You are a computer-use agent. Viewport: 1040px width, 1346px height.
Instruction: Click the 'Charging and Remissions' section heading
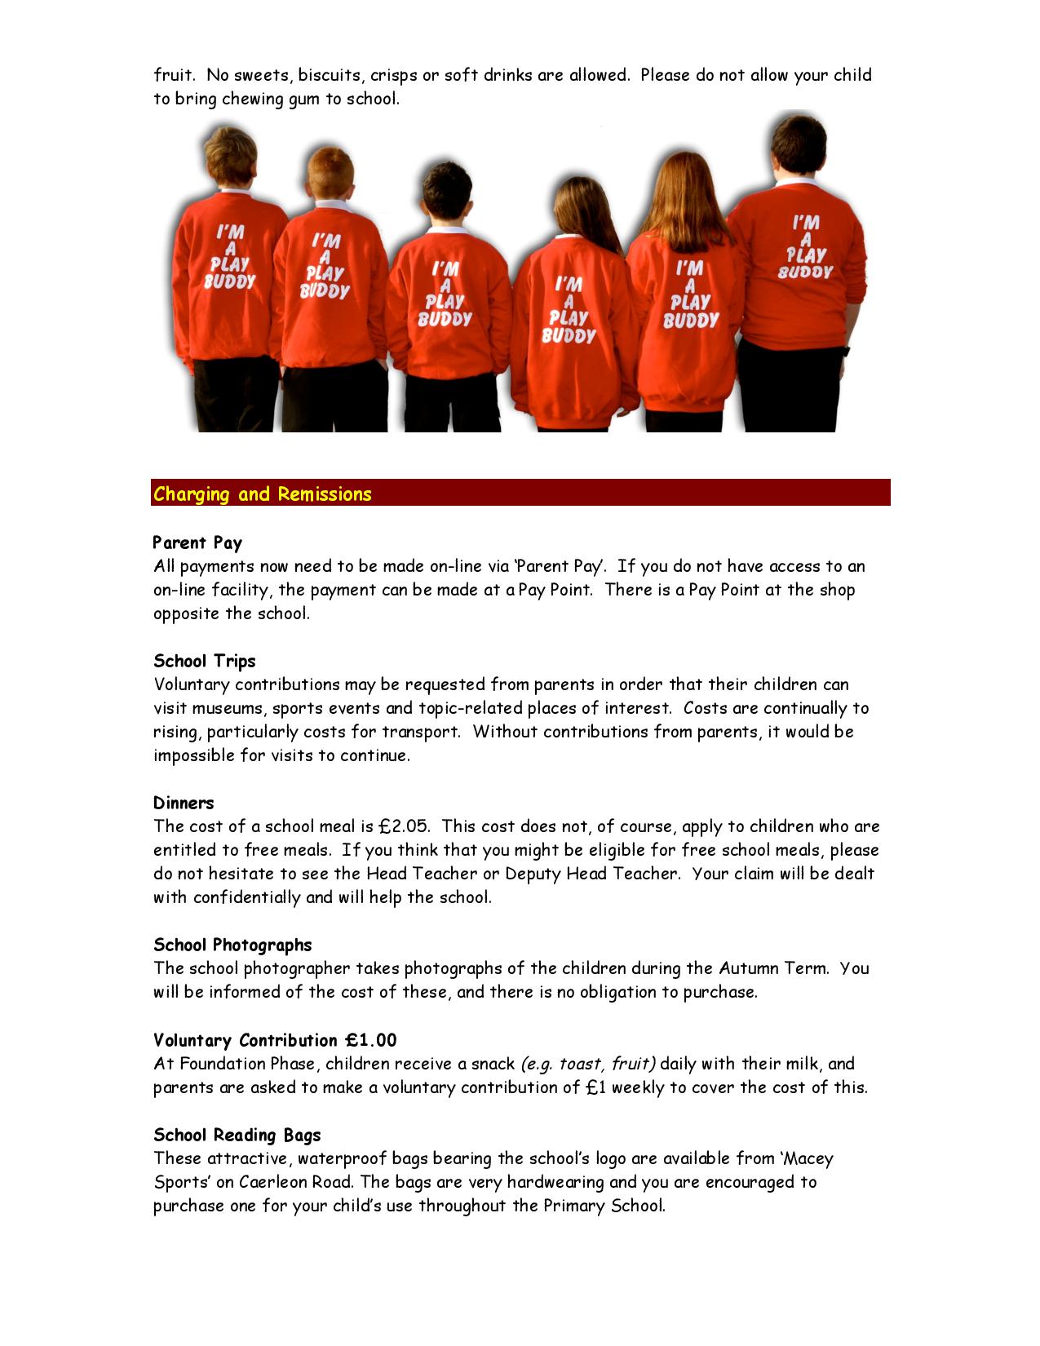(x=263, y=494)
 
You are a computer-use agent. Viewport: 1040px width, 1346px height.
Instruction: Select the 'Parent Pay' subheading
(x=197, y=542)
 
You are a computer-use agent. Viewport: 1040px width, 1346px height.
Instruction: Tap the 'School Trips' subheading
(x=205, y=661)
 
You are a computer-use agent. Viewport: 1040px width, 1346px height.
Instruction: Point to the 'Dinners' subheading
(x=184, y=803)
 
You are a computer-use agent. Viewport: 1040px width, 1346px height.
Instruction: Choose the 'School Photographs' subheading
(x=232, y=945)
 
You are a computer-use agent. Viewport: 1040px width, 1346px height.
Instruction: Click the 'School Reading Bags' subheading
(x=237, y=1135)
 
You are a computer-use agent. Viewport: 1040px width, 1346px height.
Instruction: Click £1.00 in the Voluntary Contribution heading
(x=370, y=1040)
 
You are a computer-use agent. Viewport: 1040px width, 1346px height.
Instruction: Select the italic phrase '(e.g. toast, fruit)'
(x=587, y=1064)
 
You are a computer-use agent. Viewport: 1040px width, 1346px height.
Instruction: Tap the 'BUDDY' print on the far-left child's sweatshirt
(x=229, y=282)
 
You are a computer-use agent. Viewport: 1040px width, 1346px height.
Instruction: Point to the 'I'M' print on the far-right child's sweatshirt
(x=806, y=222)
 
